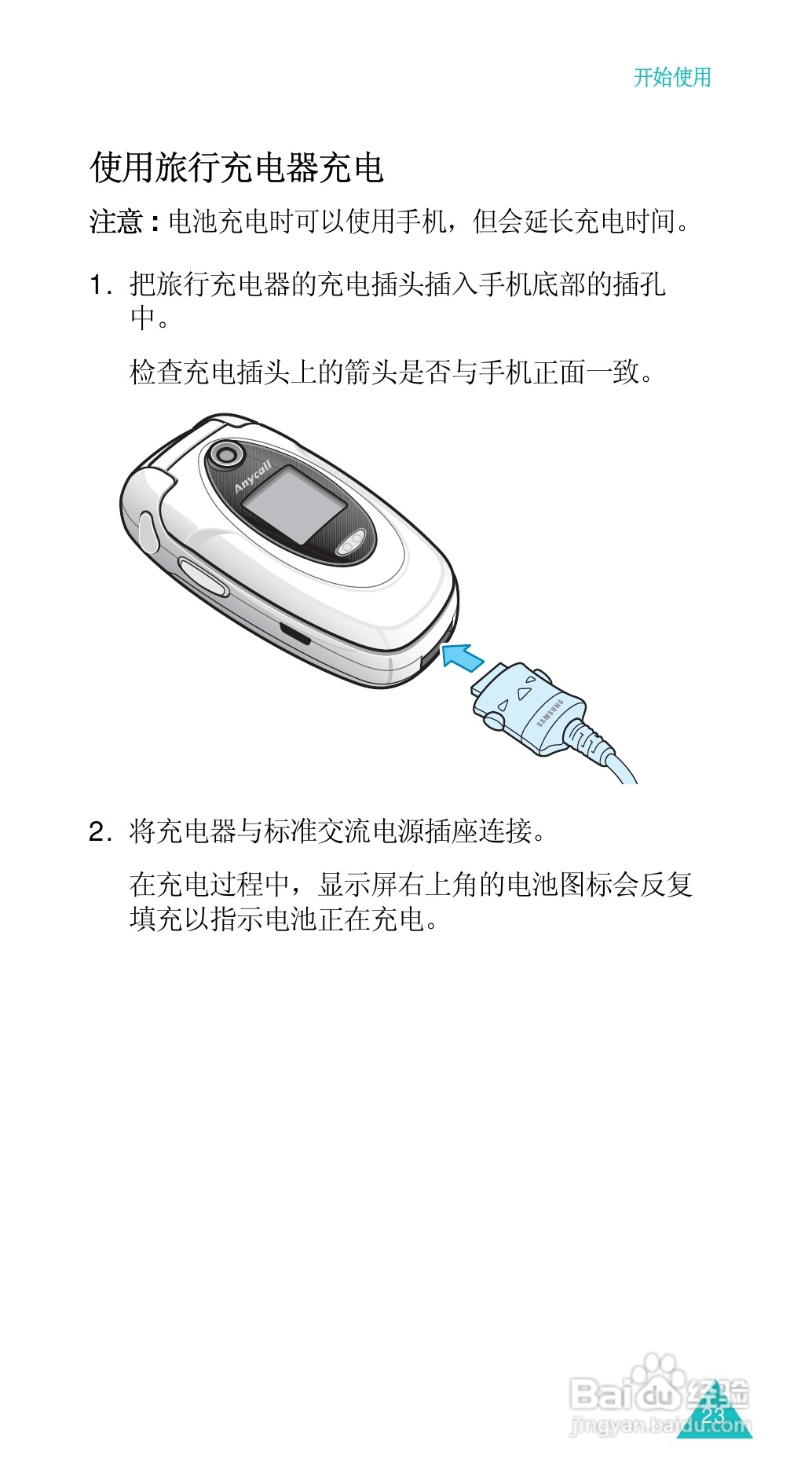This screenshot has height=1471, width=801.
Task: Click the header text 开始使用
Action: (x=672, y=77)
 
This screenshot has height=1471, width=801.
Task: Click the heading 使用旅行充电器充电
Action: (x=236, y=167)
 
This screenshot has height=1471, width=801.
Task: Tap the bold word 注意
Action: (x=116, y=222)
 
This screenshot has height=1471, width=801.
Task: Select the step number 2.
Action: (x=98, y=831)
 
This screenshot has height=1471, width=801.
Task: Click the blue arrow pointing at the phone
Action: (x=463, y=655)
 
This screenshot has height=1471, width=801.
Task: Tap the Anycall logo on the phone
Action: (x=253, y=477)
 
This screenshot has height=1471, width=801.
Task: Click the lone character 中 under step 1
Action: (x=143, y=318)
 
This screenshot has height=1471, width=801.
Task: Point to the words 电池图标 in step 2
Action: (x=559, y=885)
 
